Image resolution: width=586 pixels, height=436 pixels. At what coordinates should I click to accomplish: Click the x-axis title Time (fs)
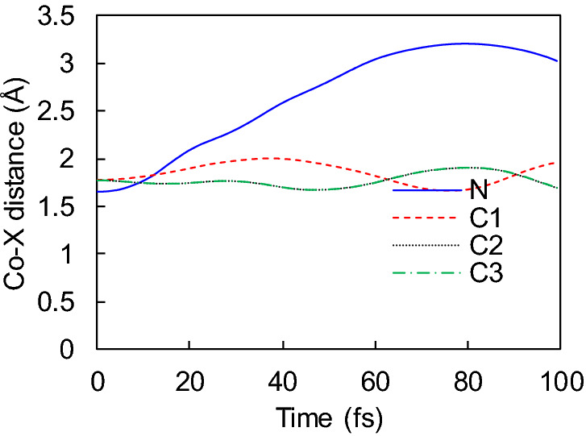pyautogui.click(x=328, y=417)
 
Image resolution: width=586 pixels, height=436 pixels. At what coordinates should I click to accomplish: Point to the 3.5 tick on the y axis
pyautogui.click(x=64, y=16)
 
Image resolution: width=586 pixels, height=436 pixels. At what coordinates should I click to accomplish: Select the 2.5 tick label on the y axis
pyautogui.click(x=64, y=111)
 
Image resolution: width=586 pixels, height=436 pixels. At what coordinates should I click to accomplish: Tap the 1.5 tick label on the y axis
pyautogui.click(x=64, y=206)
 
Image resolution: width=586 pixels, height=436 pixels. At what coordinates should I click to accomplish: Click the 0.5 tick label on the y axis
pyautogui.click(x=64, y=301)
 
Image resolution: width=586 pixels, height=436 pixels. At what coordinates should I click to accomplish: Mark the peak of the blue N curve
pyautogui.click(x=466, y=44)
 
